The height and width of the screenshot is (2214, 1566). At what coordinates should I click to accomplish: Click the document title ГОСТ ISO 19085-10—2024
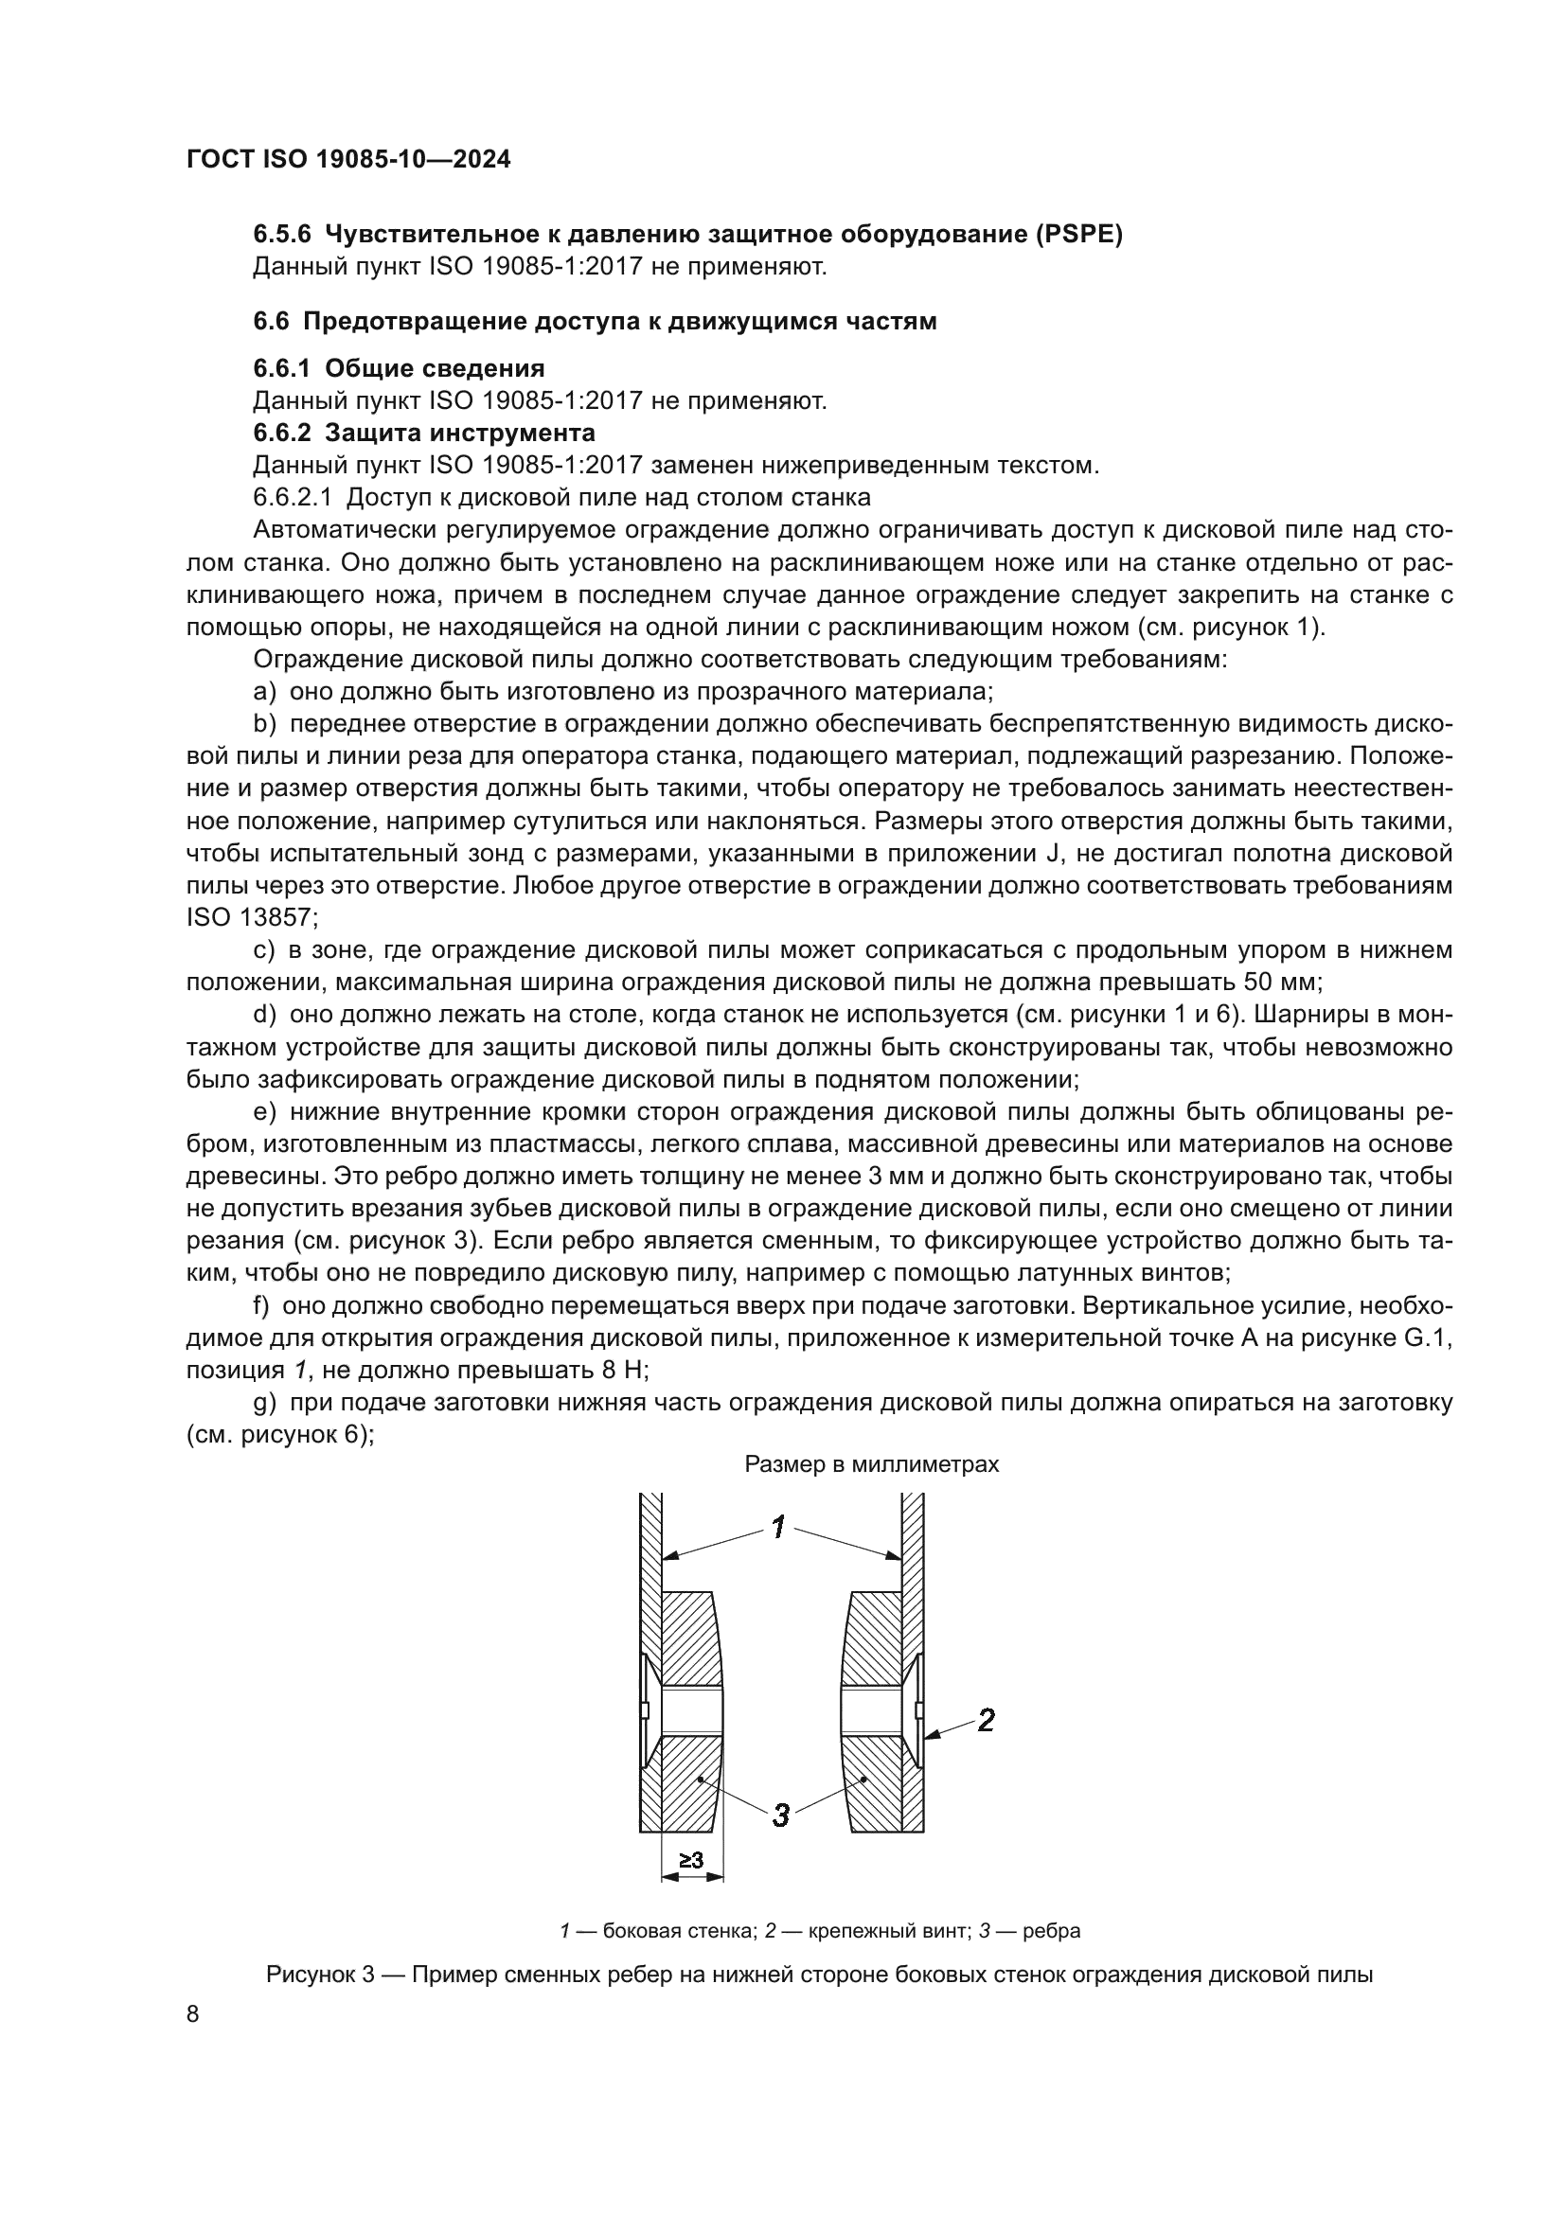348,160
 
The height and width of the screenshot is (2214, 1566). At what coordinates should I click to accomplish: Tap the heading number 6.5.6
281,235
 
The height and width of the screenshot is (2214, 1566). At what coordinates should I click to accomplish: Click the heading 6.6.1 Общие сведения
399,368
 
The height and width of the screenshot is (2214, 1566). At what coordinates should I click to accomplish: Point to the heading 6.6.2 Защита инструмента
423,432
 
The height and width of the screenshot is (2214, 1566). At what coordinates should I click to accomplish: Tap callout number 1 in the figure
778,1527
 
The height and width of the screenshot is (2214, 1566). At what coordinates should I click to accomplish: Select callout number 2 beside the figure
986,1719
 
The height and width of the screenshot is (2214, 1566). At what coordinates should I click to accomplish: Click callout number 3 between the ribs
780,1815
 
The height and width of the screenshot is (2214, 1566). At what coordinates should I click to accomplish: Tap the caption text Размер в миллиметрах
872,1463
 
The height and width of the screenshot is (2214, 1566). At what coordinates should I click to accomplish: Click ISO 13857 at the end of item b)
245,918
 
